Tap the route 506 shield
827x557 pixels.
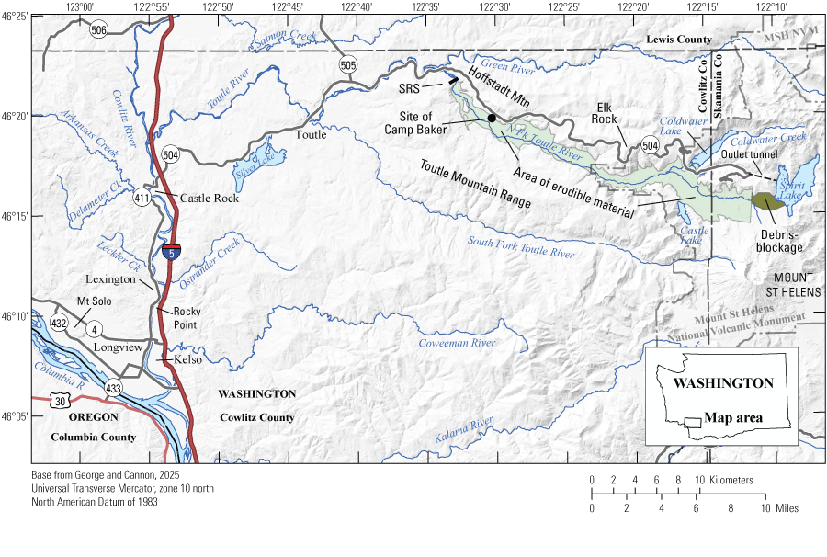(98, 29)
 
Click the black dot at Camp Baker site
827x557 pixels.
(492, 118)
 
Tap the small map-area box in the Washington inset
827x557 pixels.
(693, 422)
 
